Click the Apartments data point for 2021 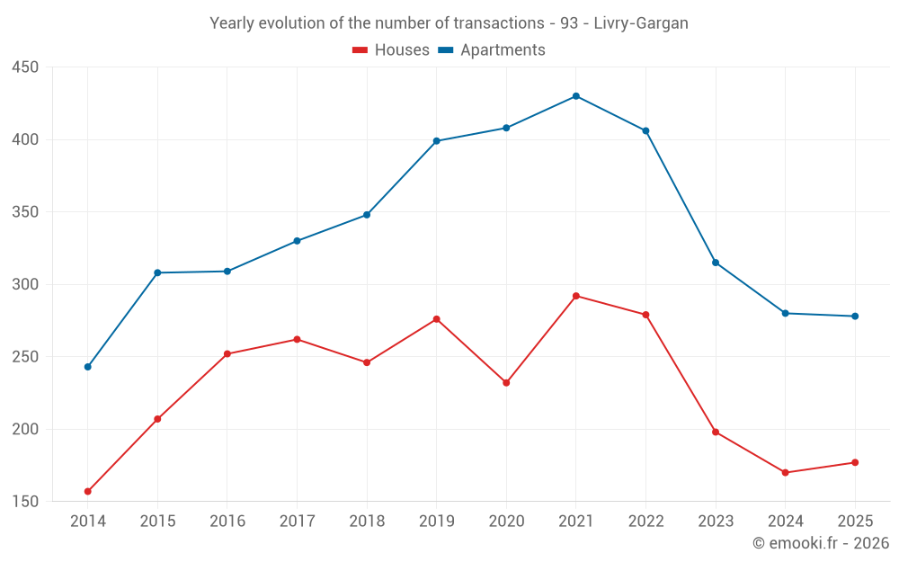click(576, 96)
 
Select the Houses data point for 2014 click(88, 492)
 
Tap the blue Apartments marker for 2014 click(88, 367)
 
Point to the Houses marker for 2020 click(506, 382)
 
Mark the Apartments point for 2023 click(716, 263)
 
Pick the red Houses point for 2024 click(786, 473)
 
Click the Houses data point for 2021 click(576, 296)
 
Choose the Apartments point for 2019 click(436, 141)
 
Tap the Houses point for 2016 click(227, 353)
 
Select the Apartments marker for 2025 click(855, 316)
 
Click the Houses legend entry click(391, 50)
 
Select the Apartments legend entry click(492, 50)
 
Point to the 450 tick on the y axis click(25, 67)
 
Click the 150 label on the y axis click(25, 501)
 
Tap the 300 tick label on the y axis click(25, 284)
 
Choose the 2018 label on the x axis click(367, 521)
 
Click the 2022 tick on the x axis click(646, 521)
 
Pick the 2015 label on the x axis click(157, 521)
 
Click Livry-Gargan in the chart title click(641, 23)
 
